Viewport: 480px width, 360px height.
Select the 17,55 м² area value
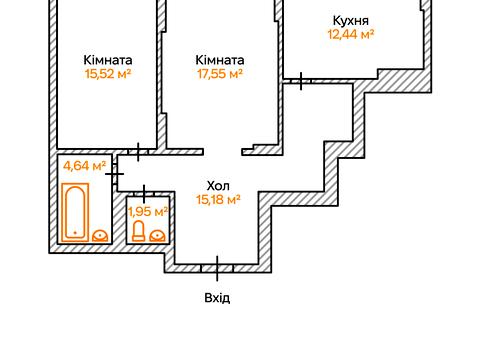pyautogui.click(x=219, y=73)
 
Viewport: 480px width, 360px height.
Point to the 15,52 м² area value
pyautogui.click(x=109, y=73)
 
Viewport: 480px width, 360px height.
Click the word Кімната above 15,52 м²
pyautogui.click(x=109, y=59)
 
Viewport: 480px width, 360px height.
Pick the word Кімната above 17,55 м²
pyautogui.click(x=219, y=59)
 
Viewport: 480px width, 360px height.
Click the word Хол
pyautogui.click(x=217, y=185)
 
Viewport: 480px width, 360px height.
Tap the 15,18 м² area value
pyautogui.click(x=217, y=200)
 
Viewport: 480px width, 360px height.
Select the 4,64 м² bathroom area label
pyautogui.click(x=84, y=166)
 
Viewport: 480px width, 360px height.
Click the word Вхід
pyautogui.click(x=217, y=297)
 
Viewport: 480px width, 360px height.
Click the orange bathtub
pyautogui.click(x=75, y=212)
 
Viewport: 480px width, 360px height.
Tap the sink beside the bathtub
pyautogui.click(x=100, y=234)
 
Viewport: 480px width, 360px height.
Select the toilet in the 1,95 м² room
pyautogui.click(x=139, y=232)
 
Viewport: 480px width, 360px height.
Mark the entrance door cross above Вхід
pyautogui.click(x=217, y=266)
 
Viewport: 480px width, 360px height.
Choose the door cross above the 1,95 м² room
pyautogui.click(x=146, y=192)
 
